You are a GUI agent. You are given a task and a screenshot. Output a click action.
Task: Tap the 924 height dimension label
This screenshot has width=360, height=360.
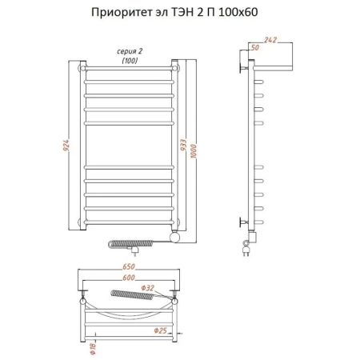(66, 146)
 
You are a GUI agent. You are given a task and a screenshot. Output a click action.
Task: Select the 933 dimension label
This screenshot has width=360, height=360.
(183, 145)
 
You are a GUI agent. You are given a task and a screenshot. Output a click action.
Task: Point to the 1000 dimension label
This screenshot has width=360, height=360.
(194, 151)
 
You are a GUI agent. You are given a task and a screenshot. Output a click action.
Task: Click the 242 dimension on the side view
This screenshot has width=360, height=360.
(270, 40)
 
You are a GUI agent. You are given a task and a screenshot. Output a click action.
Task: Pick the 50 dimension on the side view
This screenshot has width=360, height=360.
(255, 47)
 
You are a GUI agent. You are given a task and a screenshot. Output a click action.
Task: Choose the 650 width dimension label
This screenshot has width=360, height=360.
(129, 266)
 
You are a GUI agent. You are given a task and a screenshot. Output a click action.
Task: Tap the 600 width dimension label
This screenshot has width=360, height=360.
(129, 278)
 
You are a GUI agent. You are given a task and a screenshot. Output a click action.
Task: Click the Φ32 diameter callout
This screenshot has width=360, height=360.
(147, 288)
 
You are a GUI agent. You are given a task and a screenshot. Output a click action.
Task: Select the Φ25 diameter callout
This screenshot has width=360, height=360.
(161, 330)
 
